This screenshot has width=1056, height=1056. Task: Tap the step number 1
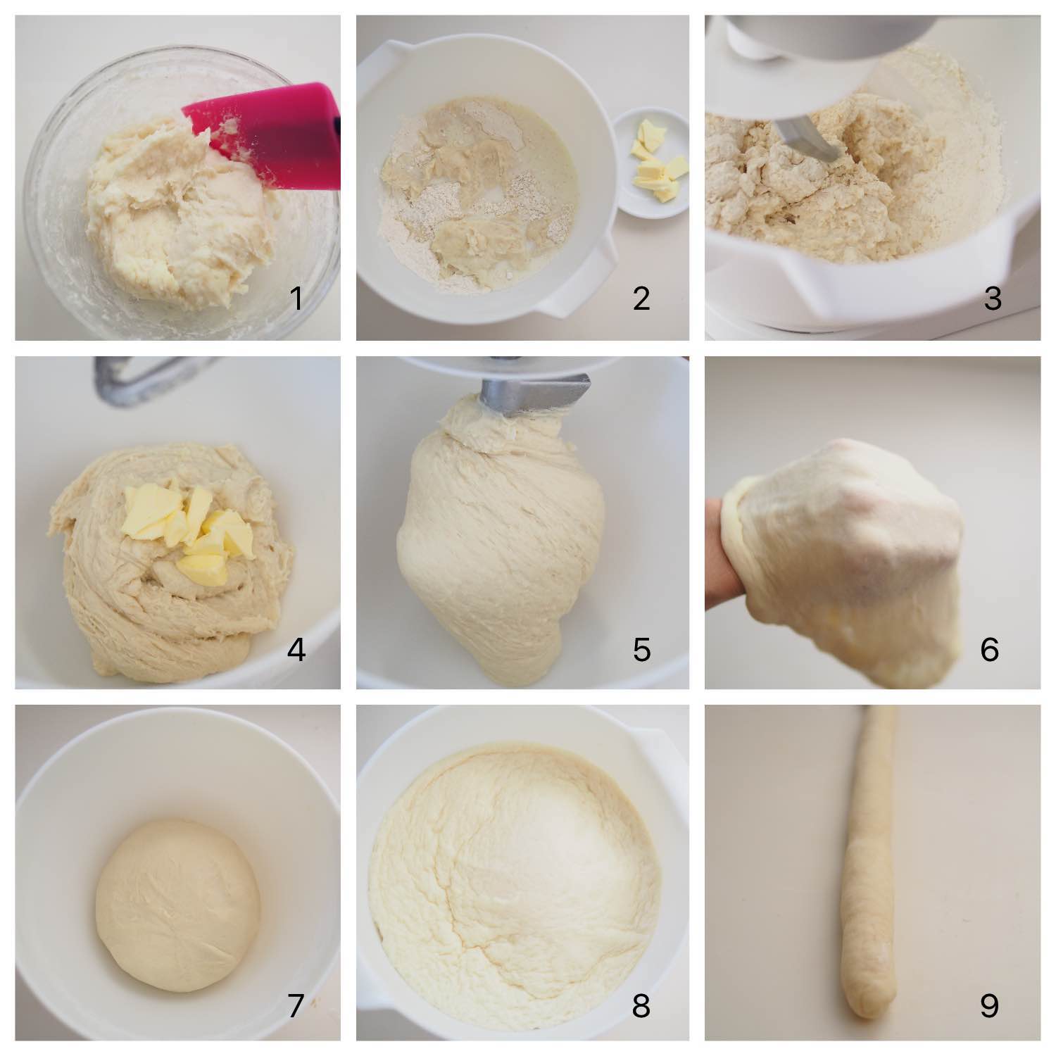coord(296,298)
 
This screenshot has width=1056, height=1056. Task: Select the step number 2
coord(641,298)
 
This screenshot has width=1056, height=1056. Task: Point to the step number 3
coord(992,298)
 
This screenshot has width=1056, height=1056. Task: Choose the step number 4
coord(296,649)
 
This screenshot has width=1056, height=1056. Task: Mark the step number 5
coord(641,649)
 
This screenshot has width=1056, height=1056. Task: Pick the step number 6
coord(989,649)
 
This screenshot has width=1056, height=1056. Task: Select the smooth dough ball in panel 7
coord(177,905)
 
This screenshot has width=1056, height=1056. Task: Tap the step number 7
coord(296,1005)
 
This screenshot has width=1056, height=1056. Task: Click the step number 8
coord(641,1005)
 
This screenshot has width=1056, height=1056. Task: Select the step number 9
coord(989,1005)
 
